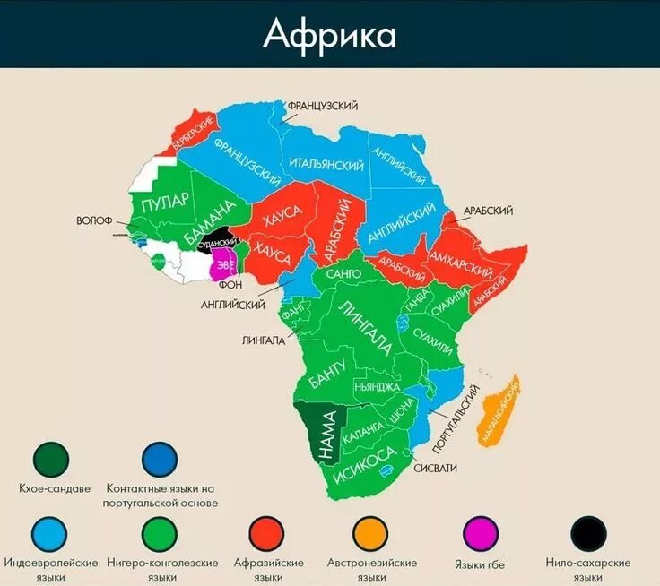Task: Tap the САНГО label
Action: click(x=344, y=272)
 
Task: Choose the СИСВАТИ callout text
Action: click(x=435, y=468)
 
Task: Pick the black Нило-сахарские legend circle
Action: click(x=588, y=534)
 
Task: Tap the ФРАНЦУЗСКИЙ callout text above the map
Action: click(x=323, y=106)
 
